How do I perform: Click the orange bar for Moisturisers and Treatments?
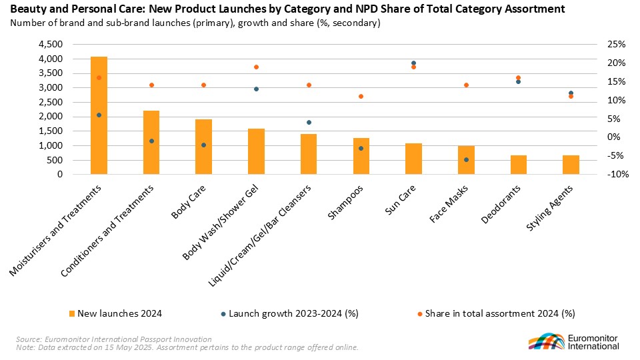pyautogui.click(x=99, y=115)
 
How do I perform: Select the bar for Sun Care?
pyautogui.click(x=413, y=159)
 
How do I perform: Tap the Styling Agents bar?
pyautogui.click(x=571, y=165)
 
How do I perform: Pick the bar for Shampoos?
pyautogui.click(x=361, y=156)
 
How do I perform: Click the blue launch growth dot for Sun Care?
pyautogui.click(x=413, y=63)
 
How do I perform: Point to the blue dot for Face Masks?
pyautogui.click(x=466, y=159)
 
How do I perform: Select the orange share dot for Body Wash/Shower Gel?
pyautogui.click(x=256, y=67)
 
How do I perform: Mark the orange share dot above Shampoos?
pyautogui.click(x=361, y=96)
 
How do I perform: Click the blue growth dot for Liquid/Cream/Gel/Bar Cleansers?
pyautogui.click(x=309, y=123)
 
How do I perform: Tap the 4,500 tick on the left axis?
pyautogui.click(x=51, y=44)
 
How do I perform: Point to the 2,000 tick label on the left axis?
pyautogui.click(x=51, y=116)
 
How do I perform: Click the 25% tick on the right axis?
pyautogui.click(x=616, y=44)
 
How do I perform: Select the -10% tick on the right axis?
pyautogui.click(x=617, y=174)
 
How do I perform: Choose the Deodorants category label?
pyautogui.click(x=501, y=204)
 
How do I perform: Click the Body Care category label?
pyautogui.click(x=188, y=201)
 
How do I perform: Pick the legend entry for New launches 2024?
pyautogui.click(x=115, y=313)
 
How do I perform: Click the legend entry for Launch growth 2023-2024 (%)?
pyautogui.click(x=290, y=313)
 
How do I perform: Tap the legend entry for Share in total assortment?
pyautogui.click(x=496, y=313)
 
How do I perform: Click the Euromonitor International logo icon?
pyautogui.click(x=547, y=341)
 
